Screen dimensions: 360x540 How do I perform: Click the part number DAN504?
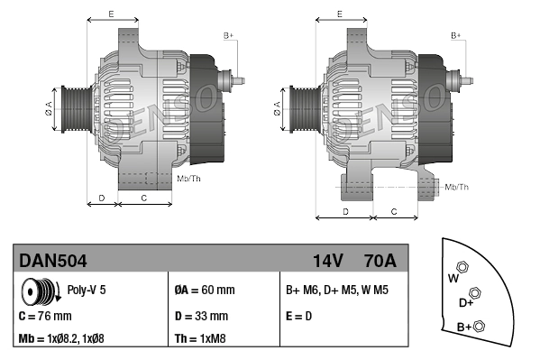coord(53,261)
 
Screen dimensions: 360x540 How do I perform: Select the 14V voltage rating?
coord(328,261)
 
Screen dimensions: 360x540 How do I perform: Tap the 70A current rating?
coord(379,261)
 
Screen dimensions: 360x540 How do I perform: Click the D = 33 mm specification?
coord(200,317)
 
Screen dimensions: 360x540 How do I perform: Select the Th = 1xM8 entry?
coord(200,340)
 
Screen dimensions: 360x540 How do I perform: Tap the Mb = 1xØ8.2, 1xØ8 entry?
coord(74,340)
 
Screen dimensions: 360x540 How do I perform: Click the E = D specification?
coord(300,317)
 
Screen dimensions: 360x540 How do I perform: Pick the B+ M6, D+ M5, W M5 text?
coord(336,291)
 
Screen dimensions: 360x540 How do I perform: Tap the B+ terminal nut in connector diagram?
coord(479,326)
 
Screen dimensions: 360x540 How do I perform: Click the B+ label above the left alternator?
coord(228,35)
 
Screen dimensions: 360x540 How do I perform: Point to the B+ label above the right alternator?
coord(456,35)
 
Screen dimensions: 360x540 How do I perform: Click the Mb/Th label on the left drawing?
coord(189,179)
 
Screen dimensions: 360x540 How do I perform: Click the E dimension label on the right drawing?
coord(339,14)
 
